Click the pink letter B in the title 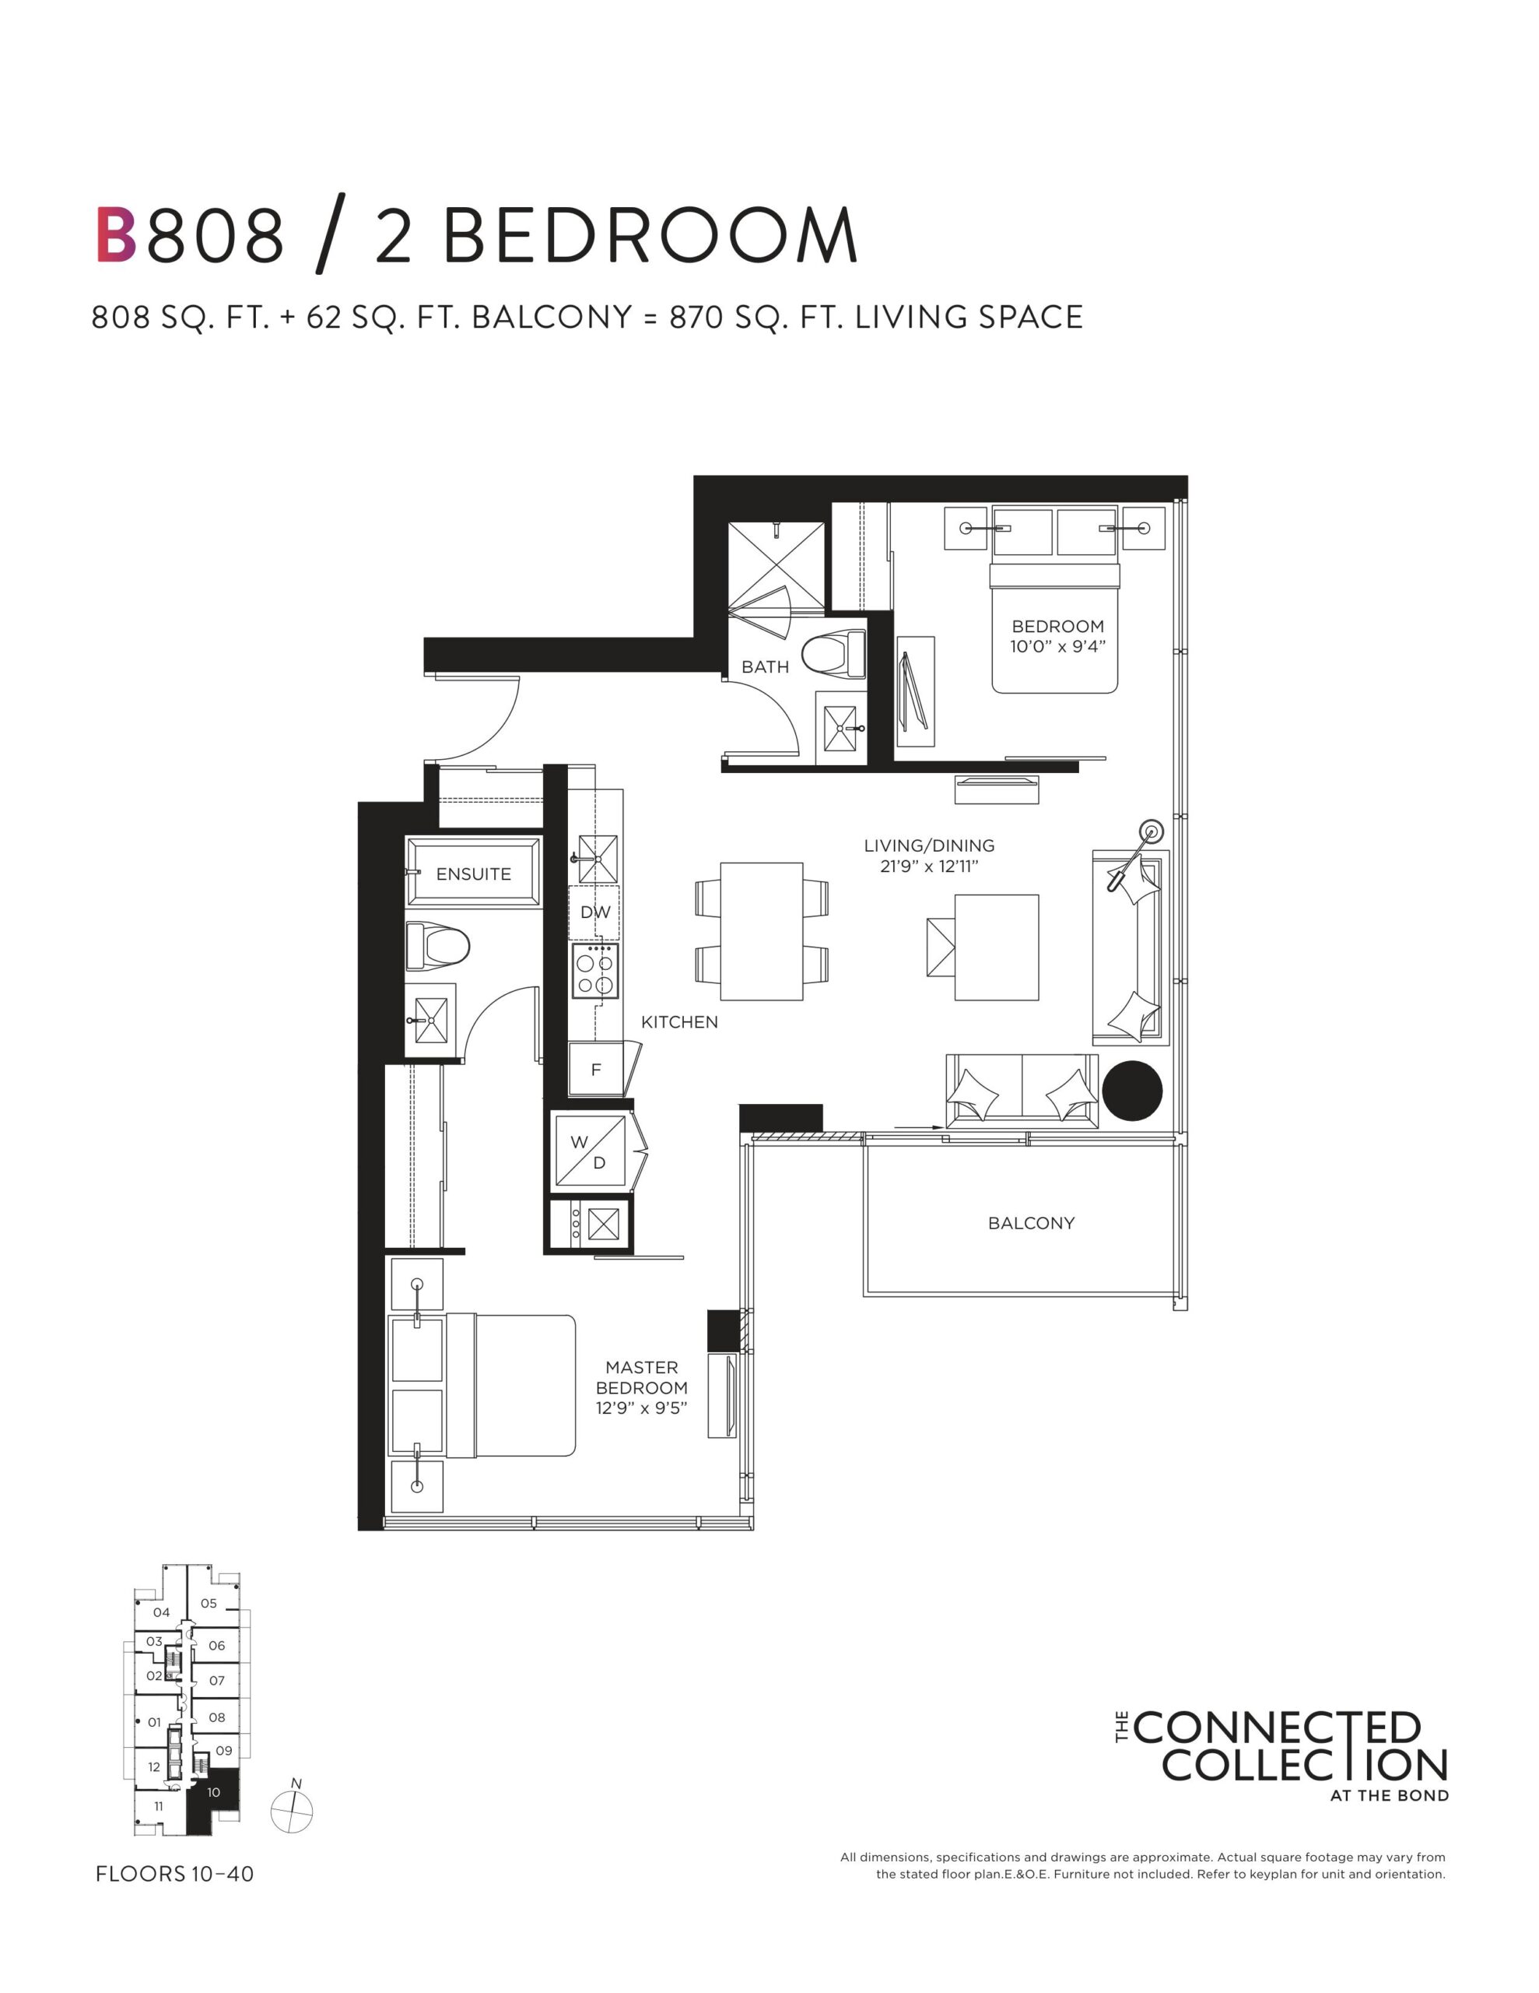pos(116,235)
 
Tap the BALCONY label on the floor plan pos(1031,1223)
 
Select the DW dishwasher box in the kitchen pos(594,912)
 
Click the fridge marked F pos(596,1069)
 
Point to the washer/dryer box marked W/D pos(589,1151)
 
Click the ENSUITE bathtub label pos(474,874)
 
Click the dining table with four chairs pos(762,932)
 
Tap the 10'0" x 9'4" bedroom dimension pos(1057,646)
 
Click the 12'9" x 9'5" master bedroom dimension pos(641,1408)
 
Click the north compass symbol pos(292,1809)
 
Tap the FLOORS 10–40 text pos(174,1875)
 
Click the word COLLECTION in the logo pos(1305,1765)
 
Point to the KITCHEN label pos(680,1022)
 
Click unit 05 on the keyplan pos(209,1603)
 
